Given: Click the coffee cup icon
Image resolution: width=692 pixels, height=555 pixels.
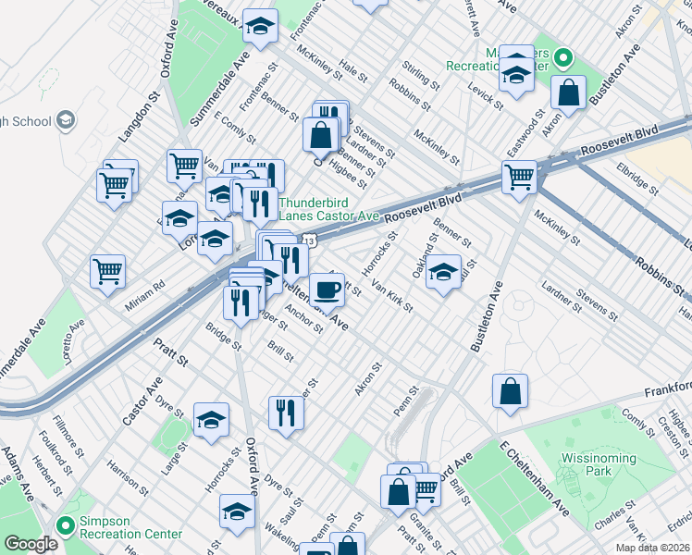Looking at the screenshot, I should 326,290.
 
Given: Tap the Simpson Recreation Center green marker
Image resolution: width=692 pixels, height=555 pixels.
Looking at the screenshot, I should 65,526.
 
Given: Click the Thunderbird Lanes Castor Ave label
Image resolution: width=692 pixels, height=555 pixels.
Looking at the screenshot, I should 328,209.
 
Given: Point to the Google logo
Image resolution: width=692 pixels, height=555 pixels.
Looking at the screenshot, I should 31,544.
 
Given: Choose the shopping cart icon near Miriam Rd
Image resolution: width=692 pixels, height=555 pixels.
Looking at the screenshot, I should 107,271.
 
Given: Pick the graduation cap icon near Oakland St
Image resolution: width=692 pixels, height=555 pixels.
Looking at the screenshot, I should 444,272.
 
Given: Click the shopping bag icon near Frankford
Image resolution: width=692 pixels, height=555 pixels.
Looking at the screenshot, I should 510,391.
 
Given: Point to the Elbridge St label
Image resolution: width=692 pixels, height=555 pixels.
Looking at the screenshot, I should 637,179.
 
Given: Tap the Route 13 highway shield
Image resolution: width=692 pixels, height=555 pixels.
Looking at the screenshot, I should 311,240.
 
